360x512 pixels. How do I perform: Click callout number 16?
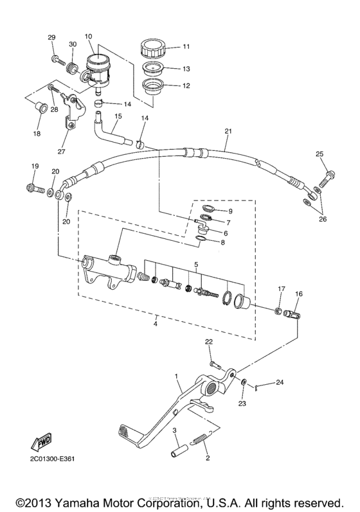pyautogui.click(x=298, y=293)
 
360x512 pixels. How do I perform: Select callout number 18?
pyautogui.click(x=37, y=134)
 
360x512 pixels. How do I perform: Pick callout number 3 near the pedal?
pyautogui.click(x=175, y=432)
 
